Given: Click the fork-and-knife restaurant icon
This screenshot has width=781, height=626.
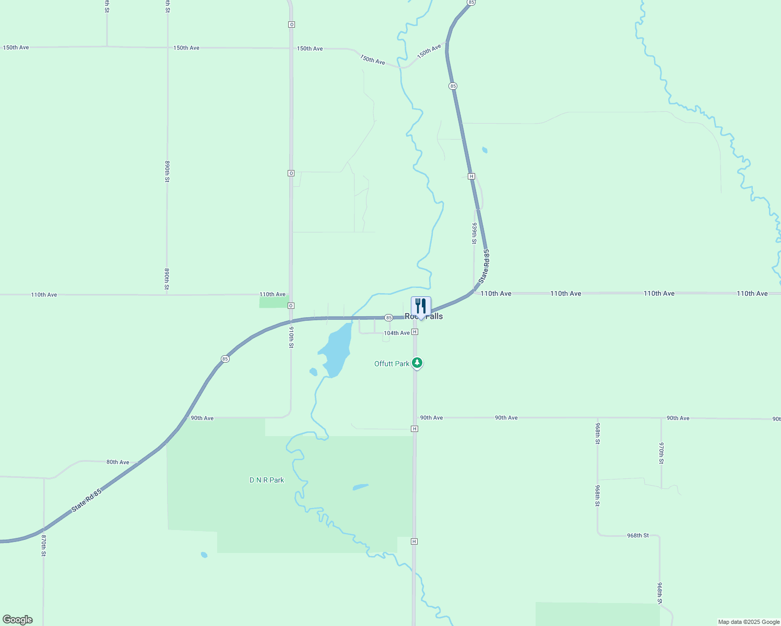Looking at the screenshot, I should [x=421, y=306].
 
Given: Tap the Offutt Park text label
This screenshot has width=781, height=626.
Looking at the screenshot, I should [x=392, y=364].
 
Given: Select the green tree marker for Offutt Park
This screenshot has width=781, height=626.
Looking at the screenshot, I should [x=417, y=363].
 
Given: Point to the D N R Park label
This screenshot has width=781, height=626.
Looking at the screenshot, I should [x=267, y=480].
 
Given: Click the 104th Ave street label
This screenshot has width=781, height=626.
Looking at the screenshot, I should [x=397, y=333].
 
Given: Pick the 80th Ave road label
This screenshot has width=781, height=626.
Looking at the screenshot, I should [x=117, y=462].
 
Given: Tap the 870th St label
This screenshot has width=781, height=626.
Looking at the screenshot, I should [x=44, y=545].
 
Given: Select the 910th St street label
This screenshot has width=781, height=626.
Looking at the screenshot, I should [x=291, y=338].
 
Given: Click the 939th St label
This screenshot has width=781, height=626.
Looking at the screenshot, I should [x=475, y=233].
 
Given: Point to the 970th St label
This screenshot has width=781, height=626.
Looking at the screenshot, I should [x=661, y=453].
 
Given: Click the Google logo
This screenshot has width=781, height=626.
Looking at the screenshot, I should [x=18, y=620].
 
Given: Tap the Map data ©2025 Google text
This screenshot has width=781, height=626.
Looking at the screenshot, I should [x=749, y=622].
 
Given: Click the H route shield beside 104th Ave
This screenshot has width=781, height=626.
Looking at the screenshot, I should [x=415, y=332].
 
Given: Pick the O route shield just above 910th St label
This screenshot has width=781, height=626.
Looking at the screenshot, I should [x=291, y=305].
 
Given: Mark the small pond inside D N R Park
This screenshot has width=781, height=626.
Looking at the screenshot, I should [x=360, y=487].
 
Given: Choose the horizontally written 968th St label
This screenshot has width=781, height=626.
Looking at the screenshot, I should [x=638, y=535].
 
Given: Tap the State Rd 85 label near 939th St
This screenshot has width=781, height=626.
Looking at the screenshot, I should [x=484, y=266].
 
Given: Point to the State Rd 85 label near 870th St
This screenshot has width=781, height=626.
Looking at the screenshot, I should [x=87, y=500].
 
